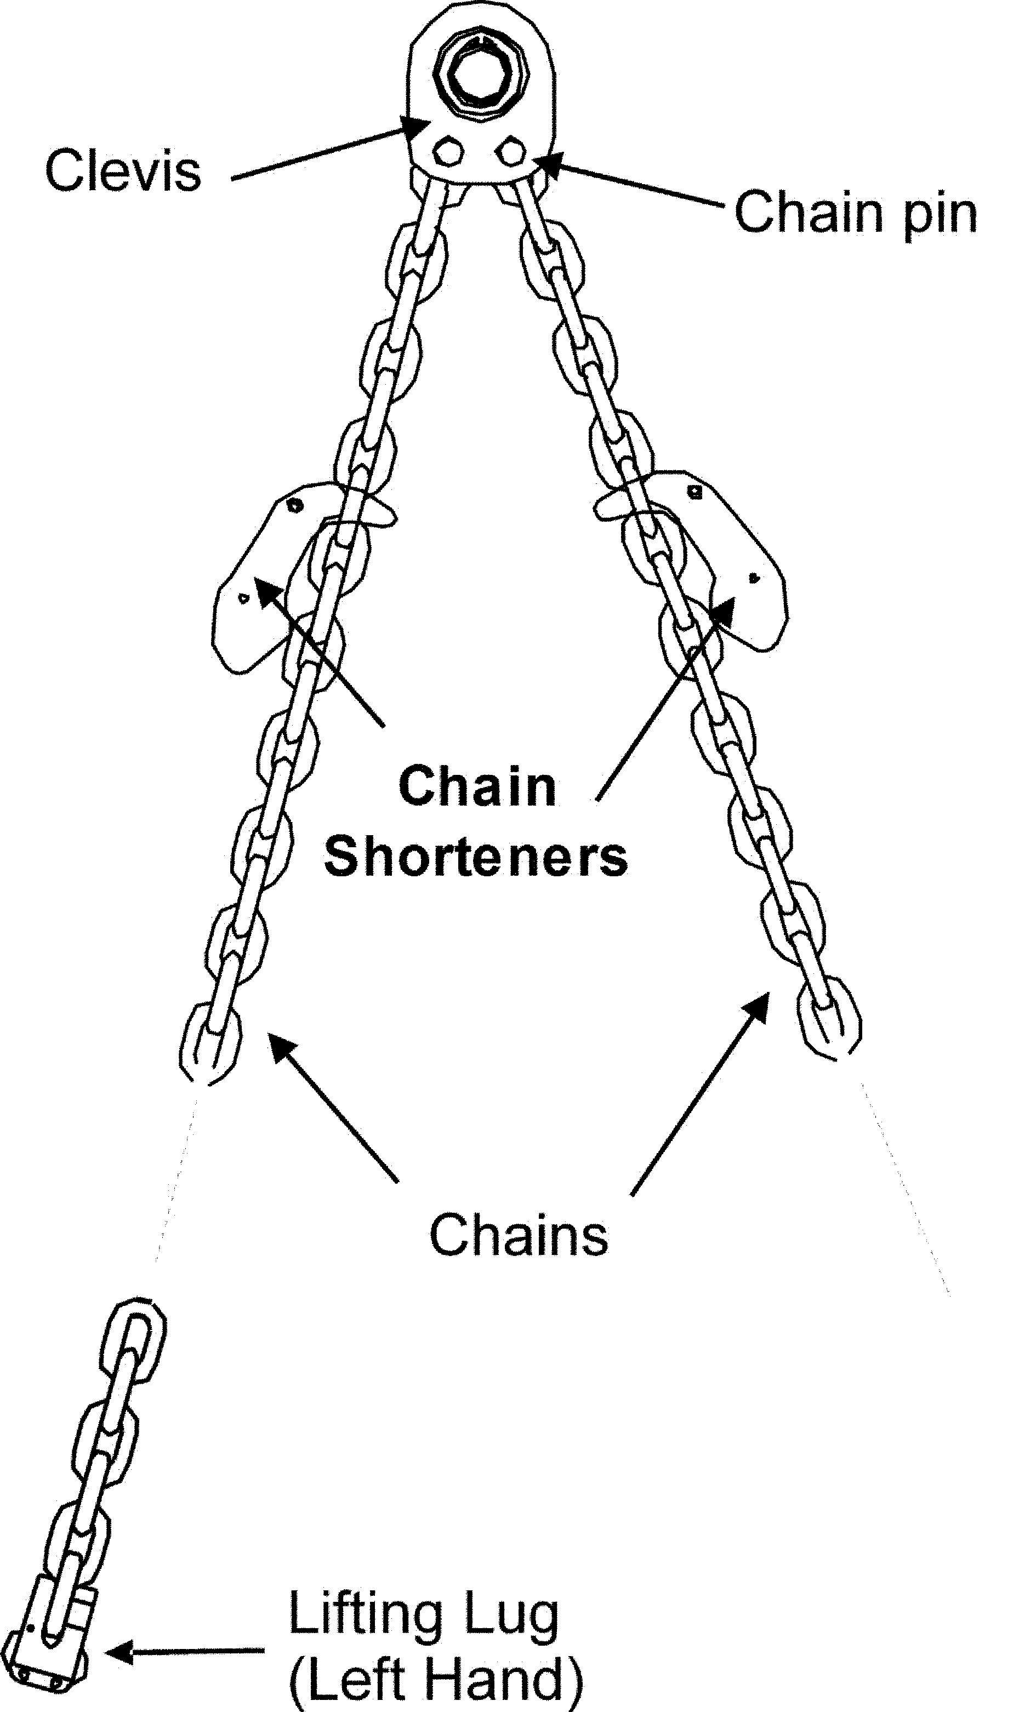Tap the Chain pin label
pyautogui.click(x=855, y=214)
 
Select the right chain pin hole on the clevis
pyautogui.click(x=512, y=151)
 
